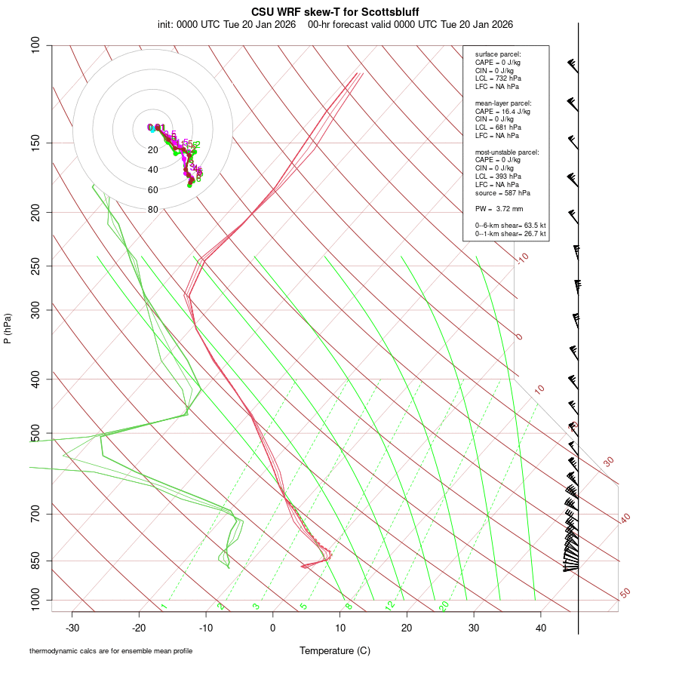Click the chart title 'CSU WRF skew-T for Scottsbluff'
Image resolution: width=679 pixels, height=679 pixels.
point(335,12)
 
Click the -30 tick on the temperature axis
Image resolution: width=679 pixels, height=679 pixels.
point(72,628)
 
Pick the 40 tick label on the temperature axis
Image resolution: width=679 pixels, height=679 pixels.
point(540,628)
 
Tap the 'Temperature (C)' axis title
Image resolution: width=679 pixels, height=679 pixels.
point(335,650)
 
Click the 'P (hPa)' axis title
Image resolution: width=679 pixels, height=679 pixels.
point(8,328)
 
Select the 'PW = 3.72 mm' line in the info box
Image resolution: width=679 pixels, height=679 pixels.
point(499,208)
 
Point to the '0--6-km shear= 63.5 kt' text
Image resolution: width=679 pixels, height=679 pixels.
point(510,225)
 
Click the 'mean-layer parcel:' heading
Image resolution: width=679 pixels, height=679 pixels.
point(503,103)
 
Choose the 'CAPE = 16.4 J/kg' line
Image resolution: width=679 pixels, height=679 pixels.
point(502,111)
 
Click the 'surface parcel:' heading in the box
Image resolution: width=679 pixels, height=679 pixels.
point(498,54)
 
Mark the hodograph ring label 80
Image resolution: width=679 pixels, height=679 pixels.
point(152,210)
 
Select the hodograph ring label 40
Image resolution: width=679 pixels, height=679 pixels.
point(152,170)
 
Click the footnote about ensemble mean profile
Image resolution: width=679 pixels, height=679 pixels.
point(110,650)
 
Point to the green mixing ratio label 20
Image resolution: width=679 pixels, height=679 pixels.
point(444,605)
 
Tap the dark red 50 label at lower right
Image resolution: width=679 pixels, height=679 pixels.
point(625,594)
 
